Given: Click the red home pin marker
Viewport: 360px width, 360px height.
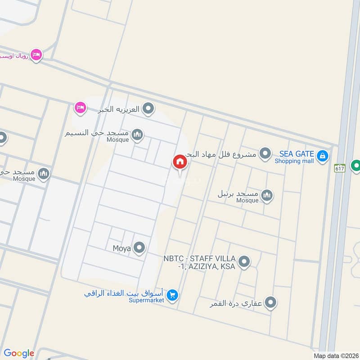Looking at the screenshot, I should pos(179,162).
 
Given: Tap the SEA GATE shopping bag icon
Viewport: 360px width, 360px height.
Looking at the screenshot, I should pos(322,156).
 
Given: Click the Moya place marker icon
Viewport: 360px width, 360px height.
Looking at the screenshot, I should pos(140,247).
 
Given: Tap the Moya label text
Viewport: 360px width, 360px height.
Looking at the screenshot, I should pos(121,247).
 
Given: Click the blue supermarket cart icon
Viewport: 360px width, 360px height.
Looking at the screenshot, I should pos(172,295).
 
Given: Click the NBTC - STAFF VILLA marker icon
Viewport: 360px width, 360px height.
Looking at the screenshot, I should pos(244,261).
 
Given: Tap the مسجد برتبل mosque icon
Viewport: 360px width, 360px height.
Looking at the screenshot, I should pos(267,195).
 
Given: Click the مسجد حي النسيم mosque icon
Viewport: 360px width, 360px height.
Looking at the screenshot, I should pos(138,134).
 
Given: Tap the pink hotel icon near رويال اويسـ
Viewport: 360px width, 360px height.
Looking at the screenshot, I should pos(36,54).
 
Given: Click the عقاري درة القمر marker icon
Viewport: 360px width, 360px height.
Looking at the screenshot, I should pos(270,302).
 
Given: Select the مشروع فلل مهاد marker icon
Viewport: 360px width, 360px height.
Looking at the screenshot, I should pos(266,154).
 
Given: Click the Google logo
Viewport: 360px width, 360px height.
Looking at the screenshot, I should pos(19,353).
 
